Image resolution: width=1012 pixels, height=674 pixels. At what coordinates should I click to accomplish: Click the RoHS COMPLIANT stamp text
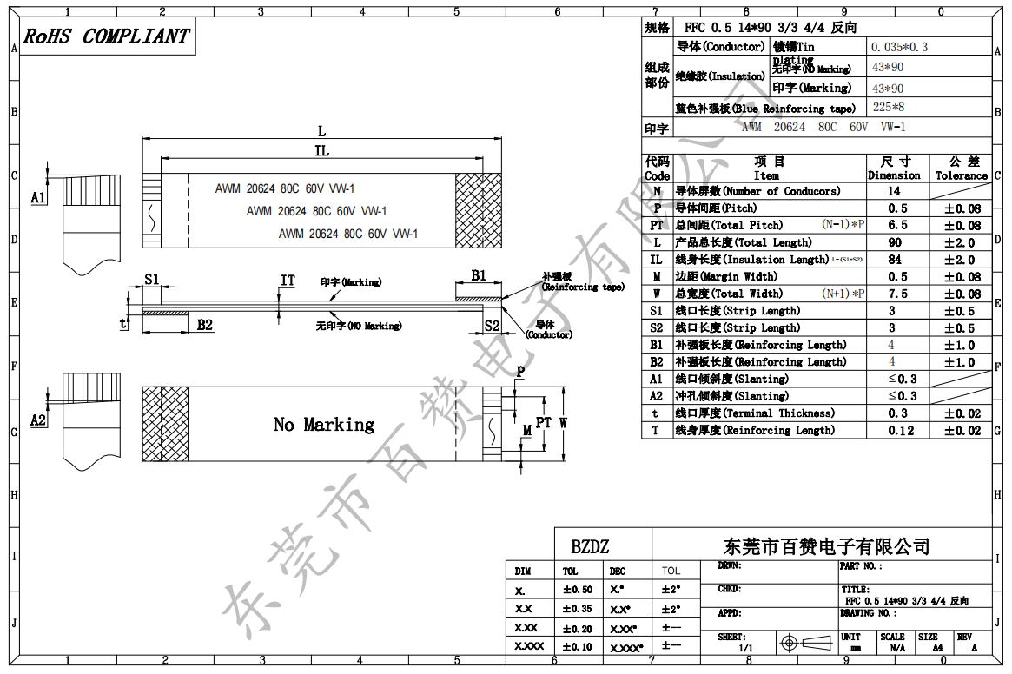[x=106, y=36]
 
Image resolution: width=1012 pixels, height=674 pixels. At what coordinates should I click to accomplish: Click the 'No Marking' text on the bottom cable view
[x=324, y=425]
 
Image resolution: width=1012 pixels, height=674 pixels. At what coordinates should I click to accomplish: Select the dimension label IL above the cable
[x=321, y=151]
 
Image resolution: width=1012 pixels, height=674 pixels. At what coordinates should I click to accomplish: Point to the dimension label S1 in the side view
[x=152, y=279]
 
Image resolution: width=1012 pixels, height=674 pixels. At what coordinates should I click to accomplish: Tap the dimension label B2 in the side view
[x=205, y=325]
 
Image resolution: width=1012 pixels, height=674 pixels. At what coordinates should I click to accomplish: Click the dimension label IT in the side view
[x=288, y=281]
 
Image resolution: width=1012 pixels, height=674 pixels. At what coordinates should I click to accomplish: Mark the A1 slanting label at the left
[x=37, y=198]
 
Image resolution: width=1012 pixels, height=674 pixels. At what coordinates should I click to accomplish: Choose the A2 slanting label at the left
[x=37, y=420]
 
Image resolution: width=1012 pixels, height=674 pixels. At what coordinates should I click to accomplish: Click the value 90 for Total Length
[x=895, y=242]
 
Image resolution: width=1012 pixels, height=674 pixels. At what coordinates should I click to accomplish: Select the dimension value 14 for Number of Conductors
[x=894, y=191]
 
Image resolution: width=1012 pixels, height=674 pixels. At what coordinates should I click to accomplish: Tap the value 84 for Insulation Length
[x=895, y=260]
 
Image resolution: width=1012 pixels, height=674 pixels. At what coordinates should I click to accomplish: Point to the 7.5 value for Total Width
[x=897, y=294]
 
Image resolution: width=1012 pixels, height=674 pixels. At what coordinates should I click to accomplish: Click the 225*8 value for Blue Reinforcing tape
[x=889, y=108]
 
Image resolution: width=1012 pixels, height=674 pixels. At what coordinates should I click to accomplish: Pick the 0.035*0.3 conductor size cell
[x=899, y=47]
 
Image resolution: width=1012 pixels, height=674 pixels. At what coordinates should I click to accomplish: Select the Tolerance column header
[x=961, y=168]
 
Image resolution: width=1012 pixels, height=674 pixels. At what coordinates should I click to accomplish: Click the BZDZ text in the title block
[x=590, y=547]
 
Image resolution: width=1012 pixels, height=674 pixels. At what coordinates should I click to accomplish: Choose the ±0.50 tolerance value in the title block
[x=578, y=590]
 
